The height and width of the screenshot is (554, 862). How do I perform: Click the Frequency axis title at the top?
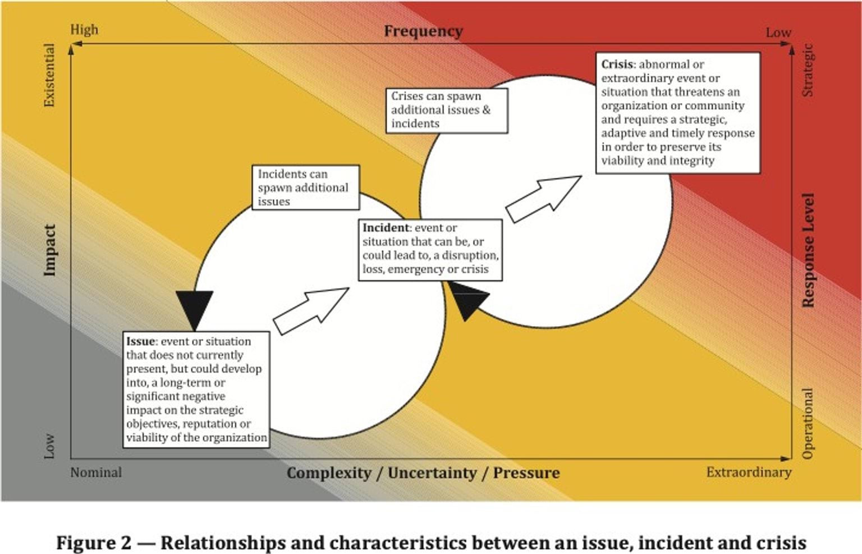(x=423, y=31)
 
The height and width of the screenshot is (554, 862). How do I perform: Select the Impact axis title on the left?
(x=50, y=250)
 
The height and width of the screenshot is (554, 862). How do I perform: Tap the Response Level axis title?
(x=808, y=250)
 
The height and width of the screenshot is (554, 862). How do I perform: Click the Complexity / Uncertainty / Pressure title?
(x=423, y=473)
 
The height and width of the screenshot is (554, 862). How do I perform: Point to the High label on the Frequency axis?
(x=84, y=30)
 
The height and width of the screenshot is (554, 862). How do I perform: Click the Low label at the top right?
(x=778, y=33)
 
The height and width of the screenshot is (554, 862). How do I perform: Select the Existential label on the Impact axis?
(x=49, y=75)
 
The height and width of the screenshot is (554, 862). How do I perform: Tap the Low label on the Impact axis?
(x=49, y=446)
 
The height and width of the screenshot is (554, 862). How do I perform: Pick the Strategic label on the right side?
(x=808, y=71)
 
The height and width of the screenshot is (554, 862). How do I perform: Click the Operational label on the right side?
(x=808, y=423)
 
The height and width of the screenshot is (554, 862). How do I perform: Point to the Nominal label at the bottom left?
(x=96, y=473)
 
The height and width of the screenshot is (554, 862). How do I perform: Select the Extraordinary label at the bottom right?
(x=749, y=472)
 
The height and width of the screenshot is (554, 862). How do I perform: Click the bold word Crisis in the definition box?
(x=617, y=65)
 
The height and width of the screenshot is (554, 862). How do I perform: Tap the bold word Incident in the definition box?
(x=386, y=228)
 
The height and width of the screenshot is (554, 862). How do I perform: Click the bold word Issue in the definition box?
(x=140, y=341)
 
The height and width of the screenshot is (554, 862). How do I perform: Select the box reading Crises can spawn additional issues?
(x=447, y=110)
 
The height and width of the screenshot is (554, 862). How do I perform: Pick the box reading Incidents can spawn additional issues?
(x=306, y=187)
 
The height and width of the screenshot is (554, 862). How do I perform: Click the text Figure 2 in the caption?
(x=93, y=543)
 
